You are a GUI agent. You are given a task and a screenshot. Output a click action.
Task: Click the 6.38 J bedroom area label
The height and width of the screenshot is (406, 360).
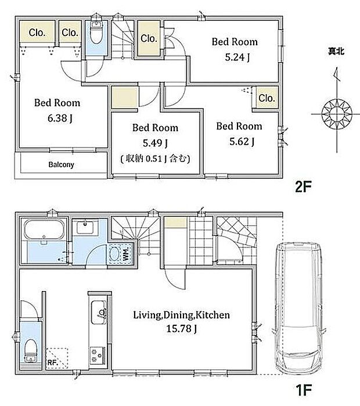click(x=60, y=118)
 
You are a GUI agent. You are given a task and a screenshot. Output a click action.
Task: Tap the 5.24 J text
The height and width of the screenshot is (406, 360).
click(x=237, y=58)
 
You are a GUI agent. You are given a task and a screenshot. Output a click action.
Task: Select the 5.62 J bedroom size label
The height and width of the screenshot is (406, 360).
click(x=242, y=141)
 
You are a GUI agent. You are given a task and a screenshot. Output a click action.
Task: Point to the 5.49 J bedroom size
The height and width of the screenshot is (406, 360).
click(x=155, y=143)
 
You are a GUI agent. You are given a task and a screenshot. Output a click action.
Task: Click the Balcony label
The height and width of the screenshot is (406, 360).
click(x=61, y=165)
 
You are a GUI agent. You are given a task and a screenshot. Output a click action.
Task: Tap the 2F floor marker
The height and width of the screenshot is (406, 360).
click(x=303, y=186)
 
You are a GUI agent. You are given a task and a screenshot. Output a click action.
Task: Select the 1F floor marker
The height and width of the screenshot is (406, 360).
click(x=303, y=390)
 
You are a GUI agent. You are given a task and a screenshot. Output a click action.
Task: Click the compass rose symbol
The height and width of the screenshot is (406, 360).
click(x=337, y=114)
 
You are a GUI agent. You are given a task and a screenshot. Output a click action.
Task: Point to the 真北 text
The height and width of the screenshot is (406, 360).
click(x=336, y=51)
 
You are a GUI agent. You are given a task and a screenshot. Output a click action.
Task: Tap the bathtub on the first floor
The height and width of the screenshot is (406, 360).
click(x=44, y=229)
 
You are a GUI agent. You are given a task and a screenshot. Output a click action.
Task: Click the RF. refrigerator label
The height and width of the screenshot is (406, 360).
click(x=52, y=363)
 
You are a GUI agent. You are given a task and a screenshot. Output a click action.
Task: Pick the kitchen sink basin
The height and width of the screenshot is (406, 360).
click(x=99, y=312)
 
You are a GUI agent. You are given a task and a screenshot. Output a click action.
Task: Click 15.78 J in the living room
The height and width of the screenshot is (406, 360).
click(x=181, y=329)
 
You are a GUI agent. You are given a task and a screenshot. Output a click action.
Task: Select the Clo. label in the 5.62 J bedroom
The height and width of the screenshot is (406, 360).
click(x=267, y=98)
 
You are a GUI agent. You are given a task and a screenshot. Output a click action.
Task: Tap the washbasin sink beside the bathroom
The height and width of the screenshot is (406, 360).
click(x=85, y=227)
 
